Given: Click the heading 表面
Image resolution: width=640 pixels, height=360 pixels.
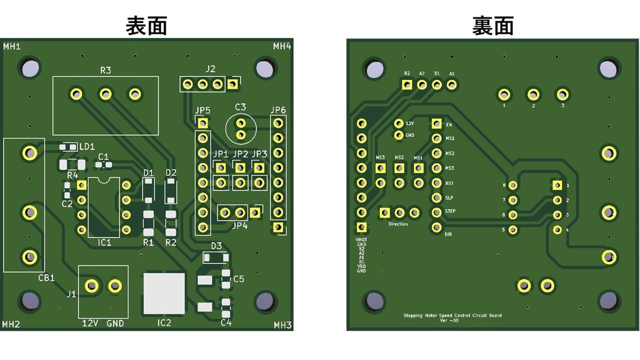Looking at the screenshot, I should coord(147,26).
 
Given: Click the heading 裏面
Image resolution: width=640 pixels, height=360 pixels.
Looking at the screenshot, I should coord(493,26).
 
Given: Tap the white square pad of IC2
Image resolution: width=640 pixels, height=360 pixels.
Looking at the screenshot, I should coord(164,293).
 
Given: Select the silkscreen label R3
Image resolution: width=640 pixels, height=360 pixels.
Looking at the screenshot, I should coord(106,70).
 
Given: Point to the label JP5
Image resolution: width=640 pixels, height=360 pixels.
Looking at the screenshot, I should coord(202,111).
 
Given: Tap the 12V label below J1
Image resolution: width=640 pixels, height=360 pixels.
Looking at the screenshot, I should coord(91,323).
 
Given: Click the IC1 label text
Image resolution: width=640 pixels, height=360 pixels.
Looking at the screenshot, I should coord(104,242).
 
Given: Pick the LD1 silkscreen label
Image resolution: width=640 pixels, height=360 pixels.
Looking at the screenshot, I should coord(87,146).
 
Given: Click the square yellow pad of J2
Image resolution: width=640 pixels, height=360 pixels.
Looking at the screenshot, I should coord(232,84).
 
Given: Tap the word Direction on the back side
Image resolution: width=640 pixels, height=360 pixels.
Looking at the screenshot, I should coord(398,224).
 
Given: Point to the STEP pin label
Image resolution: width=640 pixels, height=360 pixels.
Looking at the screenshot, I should coord(450,211).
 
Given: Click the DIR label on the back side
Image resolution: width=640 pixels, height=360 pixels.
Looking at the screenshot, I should coord(448,234).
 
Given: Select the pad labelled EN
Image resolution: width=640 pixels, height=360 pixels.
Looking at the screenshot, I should coord(437,124).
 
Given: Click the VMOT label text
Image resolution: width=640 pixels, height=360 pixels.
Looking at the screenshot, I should coord(361,239).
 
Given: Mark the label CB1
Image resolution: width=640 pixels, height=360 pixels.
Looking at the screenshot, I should coord(46,277).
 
